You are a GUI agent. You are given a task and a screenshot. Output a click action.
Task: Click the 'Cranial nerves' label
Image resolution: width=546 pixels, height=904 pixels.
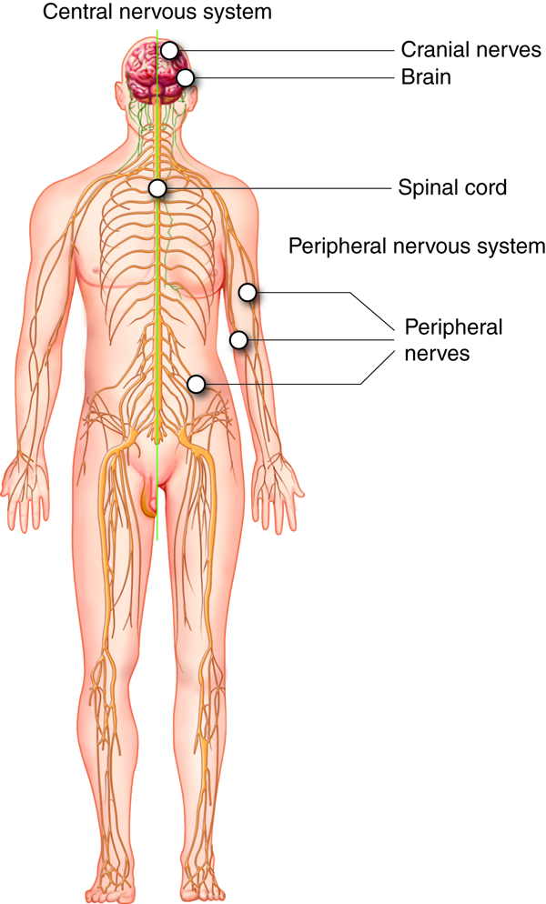pos(470,49)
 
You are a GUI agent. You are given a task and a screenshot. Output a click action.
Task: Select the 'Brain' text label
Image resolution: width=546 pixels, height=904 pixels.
pos(426,77)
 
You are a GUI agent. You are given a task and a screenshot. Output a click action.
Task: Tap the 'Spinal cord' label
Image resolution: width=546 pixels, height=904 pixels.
pos(452,188)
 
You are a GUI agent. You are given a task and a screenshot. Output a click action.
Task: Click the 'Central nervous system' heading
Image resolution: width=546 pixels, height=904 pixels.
pos(136,13)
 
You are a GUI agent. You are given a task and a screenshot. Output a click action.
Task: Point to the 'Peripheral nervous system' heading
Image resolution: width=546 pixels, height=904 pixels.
pos(416,246)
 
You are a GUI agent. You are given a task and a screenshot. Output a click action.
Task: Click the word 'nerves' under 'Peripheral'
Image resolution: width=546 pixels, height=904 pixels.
pos(438,352)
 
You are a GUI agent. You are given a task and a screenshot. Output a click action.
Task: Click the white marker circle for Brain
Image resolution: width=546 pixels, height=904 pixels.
pos(186,78)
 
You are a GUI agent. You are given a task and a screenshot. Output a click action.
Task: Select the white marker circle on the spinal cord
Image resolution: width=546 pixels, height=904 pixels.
pos(157,188)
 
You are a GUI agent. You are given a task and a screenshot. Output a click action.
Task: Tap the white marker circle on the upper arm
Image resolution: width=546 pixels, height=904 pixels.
pos(248,293)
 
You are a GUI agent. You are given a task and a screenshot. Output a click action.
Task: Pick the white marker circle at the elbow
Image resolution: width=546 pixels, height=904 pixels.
pos(238,340)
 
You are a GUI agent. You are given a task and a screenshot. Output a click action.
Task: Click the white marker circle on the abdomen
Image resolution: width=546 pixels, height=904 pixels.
pos(196,384)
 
